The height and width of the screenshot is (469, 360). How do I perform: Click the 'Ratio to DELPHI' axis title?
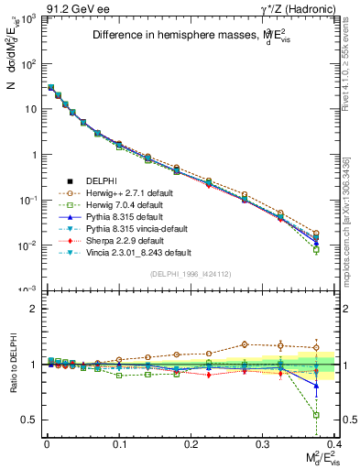12,364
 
